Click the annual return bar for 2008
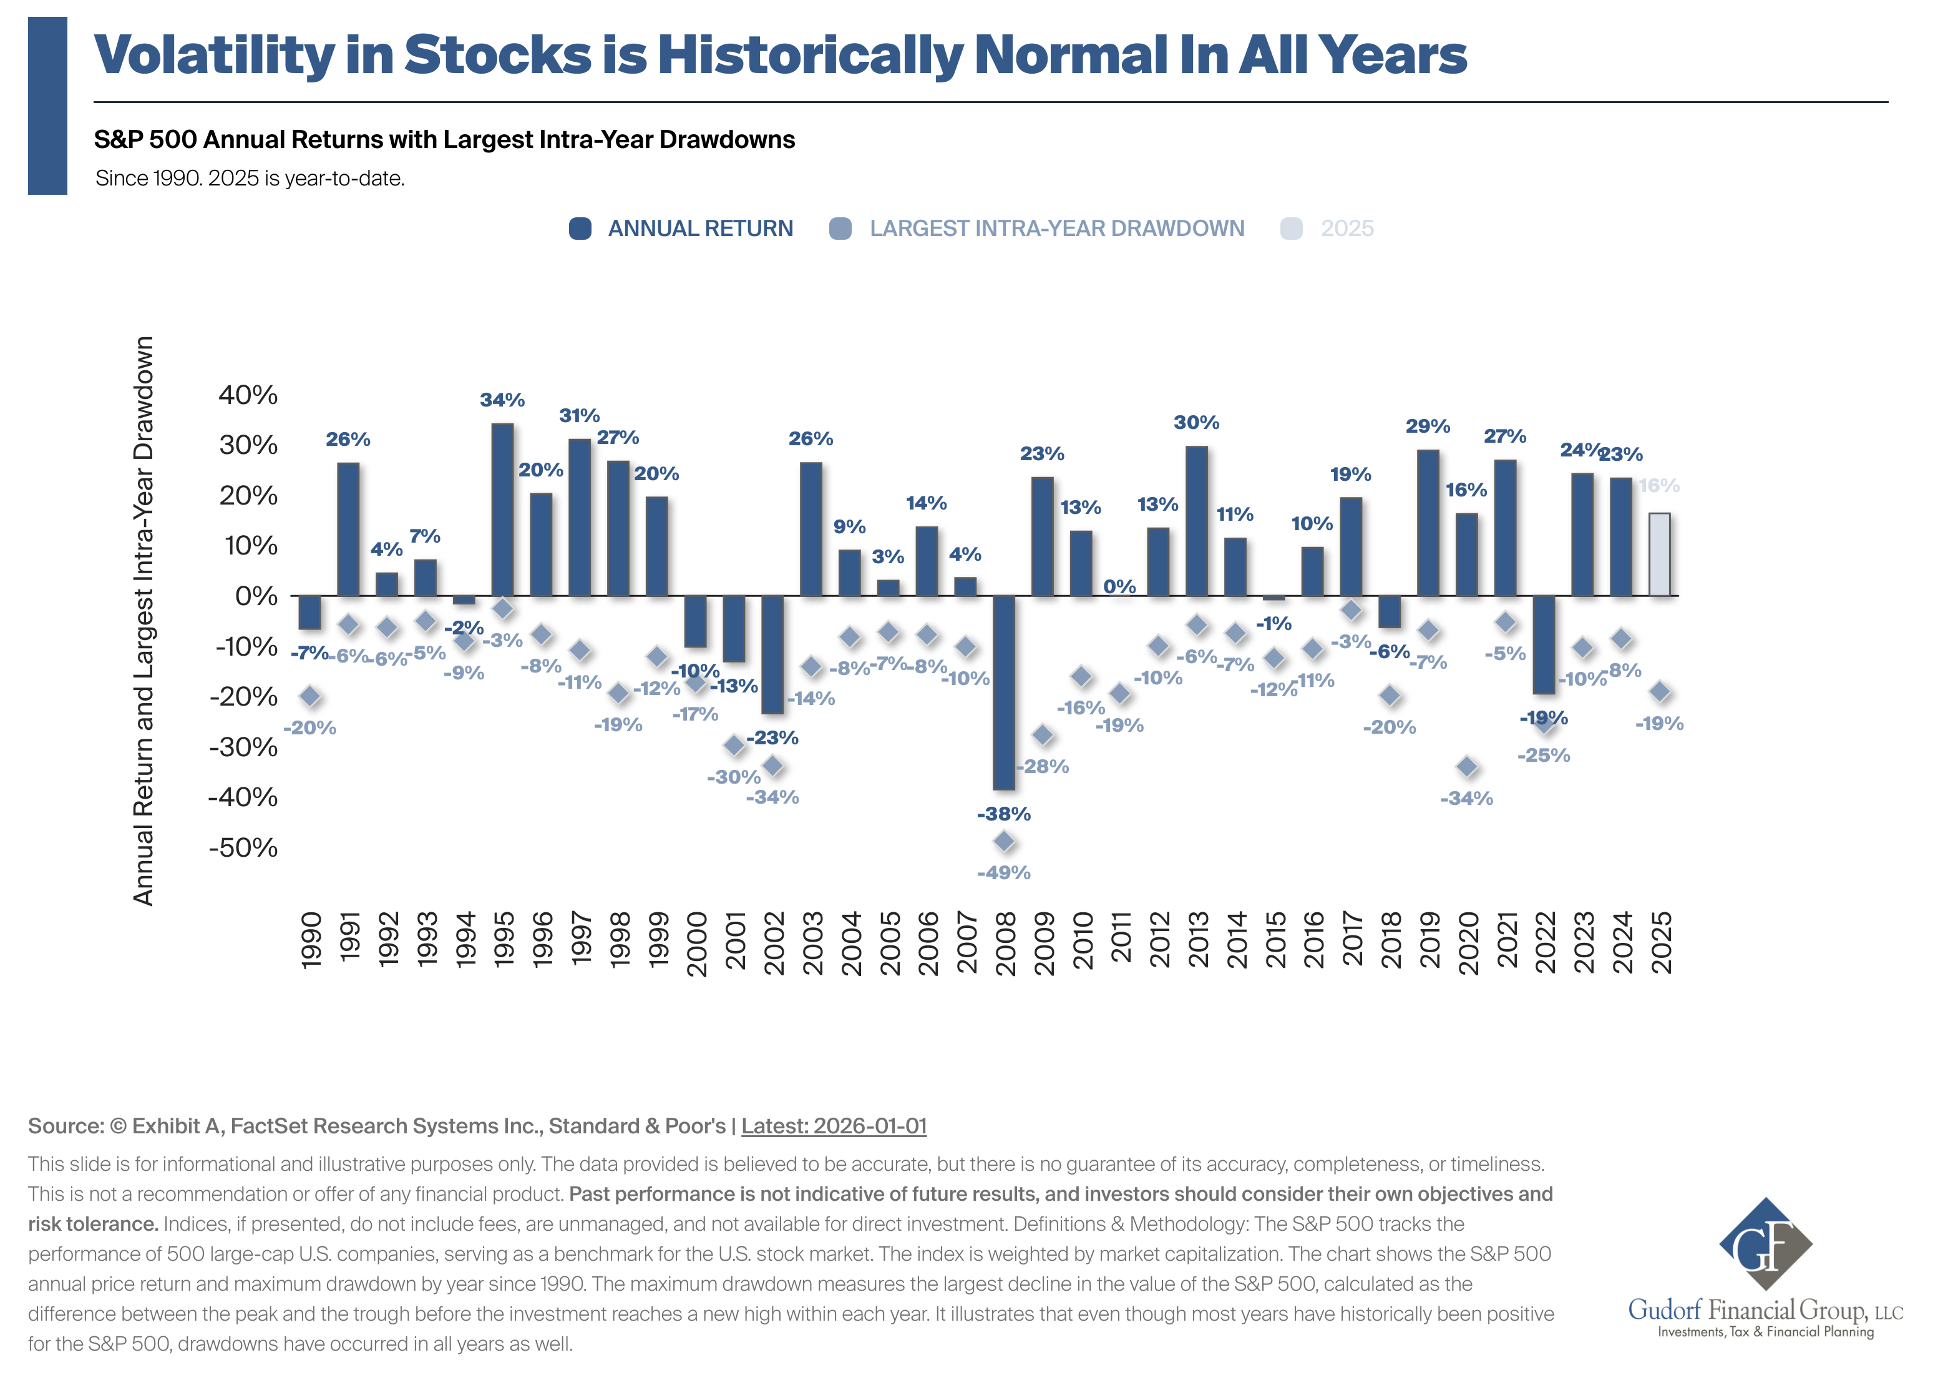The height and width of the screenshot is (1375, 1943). [1004, 692]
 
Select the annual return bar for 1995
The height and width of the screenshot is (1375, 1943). [503, 510]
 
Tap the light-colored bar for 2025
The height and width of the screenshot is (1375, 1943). [1660, 554]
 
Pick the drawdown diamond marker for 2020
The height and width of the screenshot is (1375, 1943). [1466, 767]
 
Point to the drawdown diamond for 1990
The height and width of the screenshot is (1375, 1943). [311, 697]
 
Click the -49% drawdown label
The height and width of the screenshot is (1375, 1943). [1004, 873]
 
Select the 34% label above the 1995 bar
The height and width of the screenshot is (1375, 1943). [503, 400]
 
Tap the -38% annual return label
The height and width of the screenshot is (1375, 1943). [1004, 814]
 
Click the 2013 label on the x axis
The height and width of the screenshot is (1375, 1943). [1197, 940]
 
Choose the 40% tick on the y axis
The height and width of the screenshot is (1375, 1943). [248, 395]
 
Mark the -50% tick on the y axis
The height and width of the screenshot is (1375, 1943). [244, 847]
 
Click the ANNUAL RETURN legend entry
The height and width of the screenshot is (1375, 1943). [682, 229]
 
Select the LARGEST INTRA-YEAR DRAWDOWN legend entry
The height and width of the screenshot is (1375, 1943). [1038, 229]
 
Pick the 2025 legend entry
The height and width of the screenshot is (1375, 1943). [1328, 229]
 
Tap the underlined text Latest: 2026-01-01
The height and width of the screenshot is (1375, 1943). [834, 1126]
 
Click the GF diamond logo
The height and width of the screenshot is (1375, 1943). [1765, 1244]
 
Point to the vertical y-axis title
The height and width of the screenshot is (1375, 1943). [144, 621]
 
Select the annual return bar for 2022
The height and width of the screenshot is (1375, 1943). [1544, 644]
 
